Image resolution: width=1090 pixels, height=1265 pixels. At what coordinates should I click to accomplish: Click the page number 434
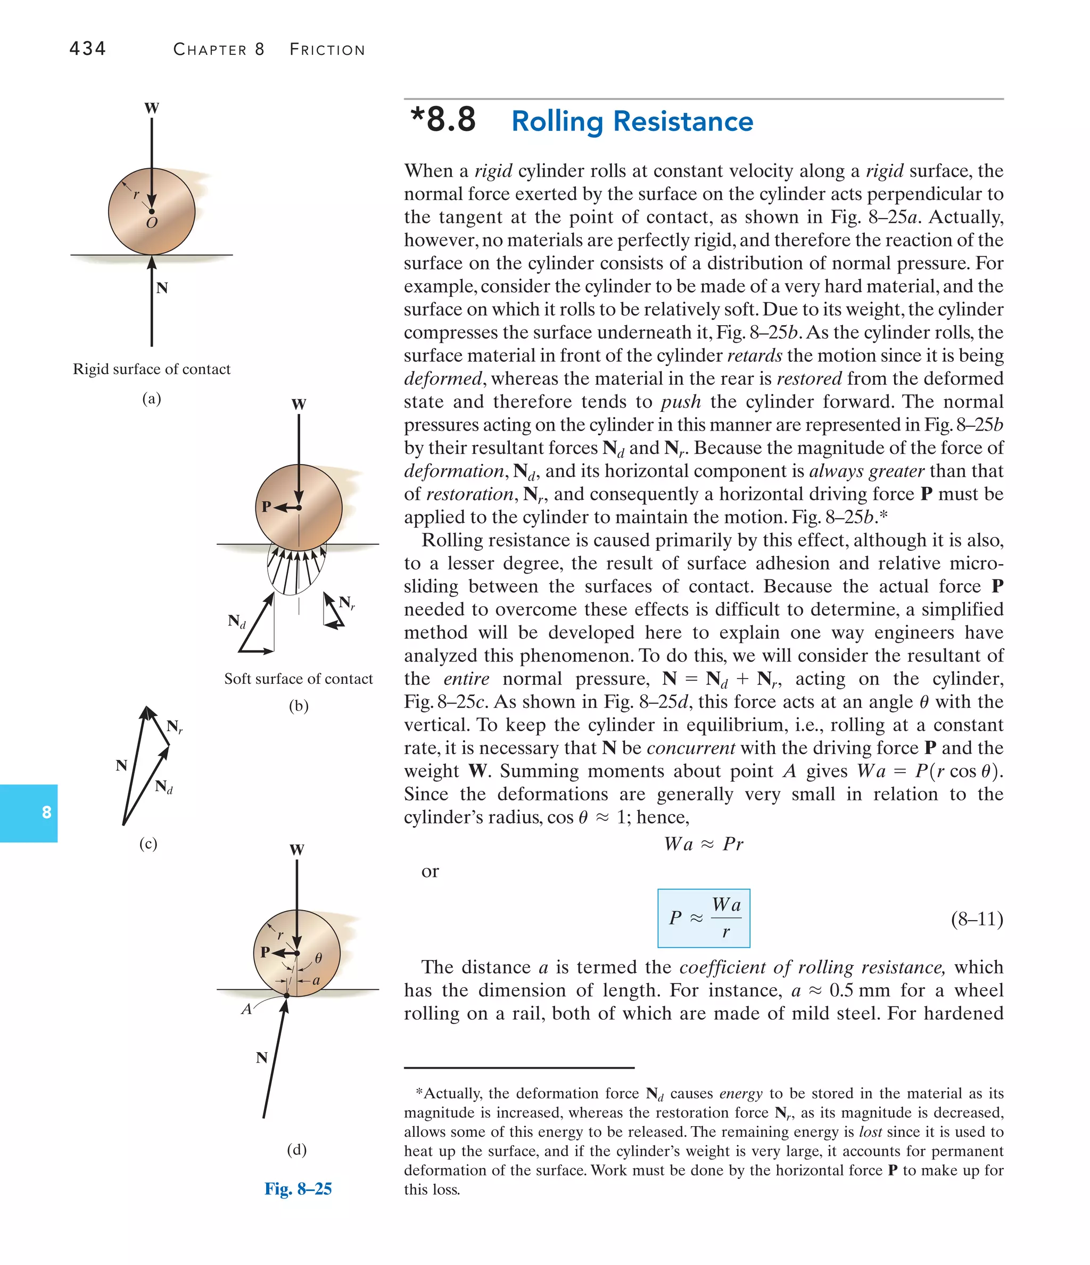pos(88,48)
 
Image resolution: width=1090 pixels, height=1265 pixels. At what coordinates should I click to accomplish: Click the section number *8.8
pos(443,120)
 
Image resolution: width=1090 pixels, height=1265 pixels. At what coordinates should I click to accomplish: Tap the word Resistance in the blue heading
pos(683,121)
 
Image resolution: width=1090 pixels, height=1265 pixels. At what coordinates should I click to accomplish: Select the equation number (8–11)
pos(977,919)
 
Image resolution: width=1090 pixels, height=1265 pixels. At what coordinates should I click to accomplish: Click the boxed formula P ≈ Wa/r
pos(704,917)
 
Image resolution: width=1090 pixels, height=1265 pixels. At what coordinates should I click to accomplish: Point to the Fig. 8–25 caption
pos(298,1189)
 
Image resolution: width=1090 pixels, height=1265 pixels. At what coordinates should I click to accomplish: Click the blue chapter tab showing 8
pos(46,813)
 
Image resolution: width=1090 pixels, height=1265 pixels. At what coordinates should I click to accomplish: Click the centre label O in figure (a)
pos(152,224)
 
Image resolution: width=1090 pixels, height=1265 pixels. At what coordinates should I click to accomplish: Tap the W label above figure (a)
pos(152,109)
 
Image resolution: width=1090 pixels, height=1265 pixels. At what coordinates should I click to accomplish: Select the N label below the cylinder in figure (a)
pos(162,288)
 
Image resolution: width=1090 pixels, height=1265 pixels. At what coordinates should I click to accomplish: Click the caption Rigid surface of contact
pos(152,369)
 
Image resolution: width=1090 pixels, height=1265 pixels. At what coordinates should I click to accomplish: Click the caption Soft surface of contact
pos(298,679)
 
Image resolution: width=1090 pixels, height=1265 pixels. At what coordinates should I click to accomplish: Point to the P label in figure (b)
pos(266,507)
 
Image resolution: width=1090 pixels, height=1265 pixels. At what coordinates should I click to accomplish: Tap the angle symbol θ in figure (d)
pos(318,958)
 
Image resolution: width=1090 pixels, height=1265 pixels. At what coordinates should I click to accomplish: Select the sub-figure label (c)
pos(148,844)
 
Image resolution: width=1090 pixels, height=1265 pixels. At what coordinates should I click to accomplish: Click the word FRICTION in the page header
pos(327,50)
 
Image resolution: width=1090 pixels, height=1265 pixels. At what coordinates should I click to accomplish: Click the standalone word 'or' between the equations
pos(430,871)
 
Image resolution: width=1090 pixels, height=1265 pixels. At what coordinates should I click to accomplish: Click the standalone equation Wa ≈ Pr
pos(704,844)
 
